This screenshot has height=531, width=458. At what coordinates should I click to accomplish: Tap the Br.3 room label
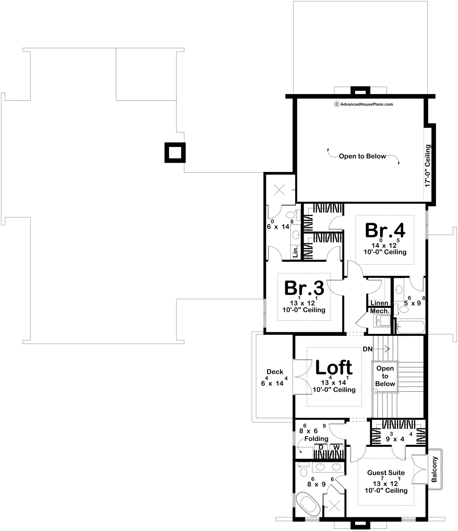[304, 288]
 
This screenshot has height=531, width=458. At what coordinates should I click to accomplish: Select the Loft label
[334, 368]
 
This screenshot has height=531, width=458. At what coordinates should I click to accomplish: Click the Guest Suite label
[386, 473]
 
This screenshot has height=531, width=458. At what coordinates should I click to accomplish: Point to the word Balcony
[434, 469]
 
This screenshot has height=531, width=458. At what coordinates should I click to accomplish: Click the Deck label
[275, 372]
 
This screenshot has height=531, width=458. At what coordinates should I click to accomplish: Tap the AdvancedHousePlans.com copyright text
[364, 104]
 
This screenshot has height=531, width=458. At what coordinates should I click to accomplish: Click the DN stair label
[367, 349]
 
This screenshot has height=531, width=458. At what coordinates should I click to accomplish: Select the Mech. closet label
[380, 311]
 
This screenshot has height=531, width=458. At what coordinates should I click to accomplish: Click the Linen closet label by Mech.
[379, 303]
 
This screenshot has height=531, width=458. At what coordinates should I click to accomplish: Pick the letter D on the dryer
[321, 447]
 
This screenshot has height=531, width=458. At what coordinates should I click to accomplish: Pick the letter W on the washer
[336, 447]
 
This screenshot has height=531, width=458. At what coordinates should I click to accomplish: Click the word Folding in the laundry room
[316, 439]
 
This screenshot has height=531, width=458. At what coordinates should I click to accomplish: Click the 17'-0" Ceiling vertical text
[427, 166]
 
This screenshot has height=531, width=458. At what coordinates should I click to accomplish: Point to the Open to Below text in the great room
[362, 156]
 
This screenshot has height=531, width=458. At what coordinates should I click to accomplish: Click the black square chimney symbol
[175, 153]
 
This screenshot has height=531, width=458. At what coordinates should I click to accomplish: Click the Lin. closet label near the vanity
[295, 252]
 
